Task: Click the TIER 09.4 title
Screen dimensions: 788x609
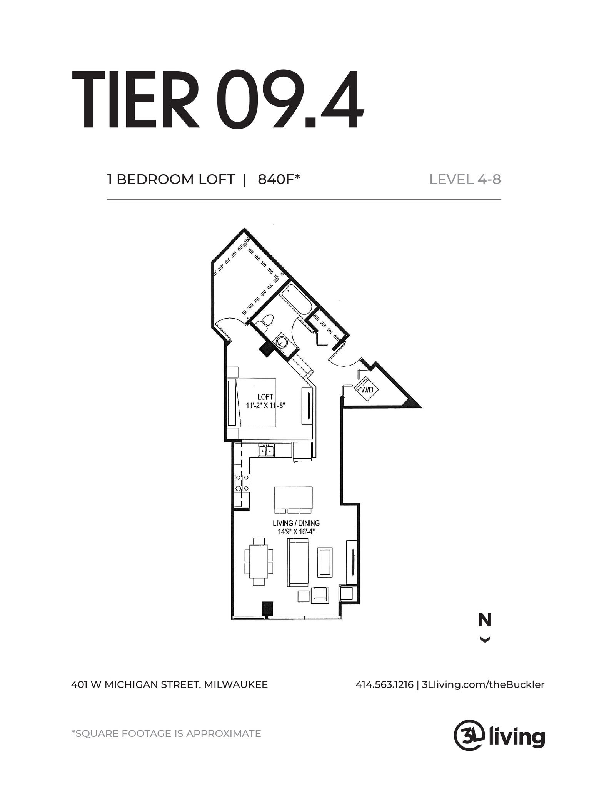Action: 217,101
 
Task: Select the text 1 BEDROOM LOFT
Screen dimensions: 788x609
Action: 171,180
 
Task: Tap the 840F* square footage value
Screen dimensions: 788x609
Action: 279,180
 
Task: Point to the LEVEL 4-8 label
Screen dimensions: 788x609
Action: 465,180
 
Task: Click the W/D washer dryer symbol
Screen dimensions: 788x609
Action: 367,390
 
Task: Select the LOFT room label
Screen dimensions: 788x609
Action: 265,397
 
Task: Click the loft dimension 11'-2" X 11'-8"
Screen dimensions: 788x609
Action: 265,406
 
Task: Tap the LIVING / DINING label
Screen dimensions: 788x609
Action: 296,523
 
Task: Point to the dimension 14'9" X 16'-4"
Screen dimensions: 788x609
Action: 296,532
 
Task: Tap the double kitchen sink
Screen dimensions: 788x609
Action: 266,450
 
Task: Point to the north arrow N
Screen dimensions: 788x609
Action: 485,621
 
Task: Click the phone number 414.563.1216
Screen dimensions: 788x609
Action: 384,685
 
